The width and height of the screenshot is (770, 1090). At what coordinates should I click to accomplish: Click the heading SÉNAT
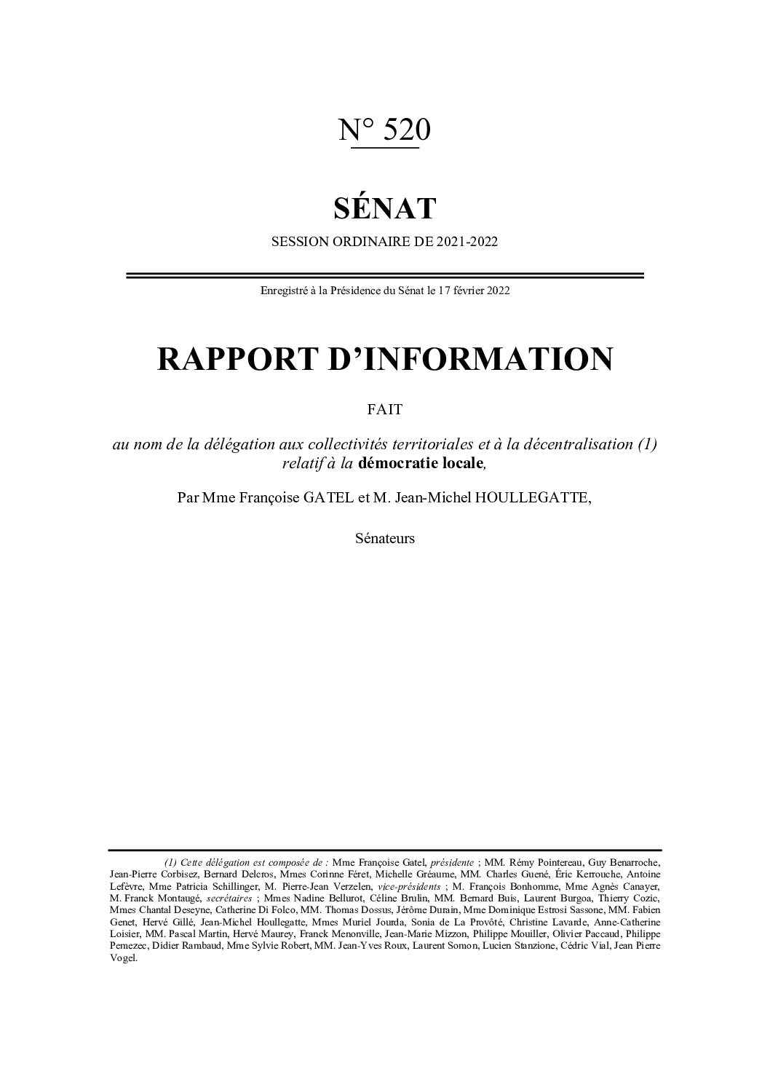click(x=385, y=208)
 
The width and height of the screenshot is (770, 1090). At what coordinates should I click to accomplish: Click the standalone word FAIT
click(x=385, y=410)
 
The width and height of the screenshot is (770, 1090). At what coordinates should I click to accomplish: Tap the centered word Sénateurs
click(x=385, y=539)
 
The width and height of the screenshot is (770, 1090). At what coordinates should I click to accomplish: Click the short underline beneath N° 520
click(x=385, y=149)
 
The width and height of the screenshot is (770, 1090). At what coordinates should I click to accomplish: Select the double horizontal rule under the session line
click(x=385, y=275)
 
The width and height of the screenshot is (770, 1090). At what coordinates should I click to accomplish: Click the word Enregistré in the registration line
click(x=282, y=291)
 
